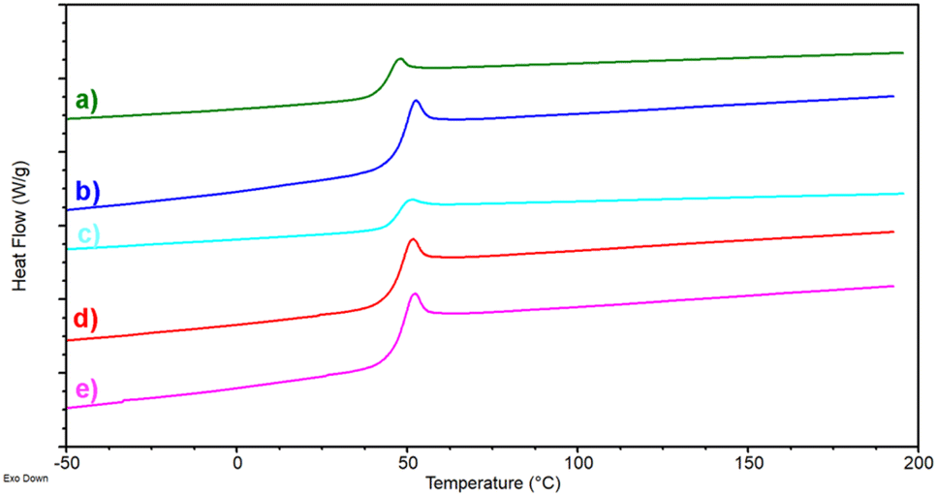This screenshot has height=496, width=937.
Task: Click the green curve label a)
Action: (87, 101)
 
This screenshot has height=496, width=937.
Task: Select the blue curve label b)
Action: (88, 191)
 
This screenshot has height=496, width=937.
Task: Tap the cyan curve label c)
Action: (88, 235)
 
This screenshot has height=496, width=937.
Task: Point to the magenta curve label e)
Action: (87, 390)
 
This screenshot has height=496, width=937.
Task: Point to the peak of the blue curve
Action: (416, 101)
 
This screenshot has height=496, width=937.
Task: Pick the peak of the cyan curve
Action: (412, 200)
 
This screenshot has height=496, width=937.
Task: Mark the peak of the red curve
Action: (413, 239)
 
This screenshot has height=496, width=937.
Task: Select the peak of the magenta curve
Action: (415, 294)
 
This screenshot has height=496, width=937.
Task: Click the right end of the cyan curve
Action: (903, 194)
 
